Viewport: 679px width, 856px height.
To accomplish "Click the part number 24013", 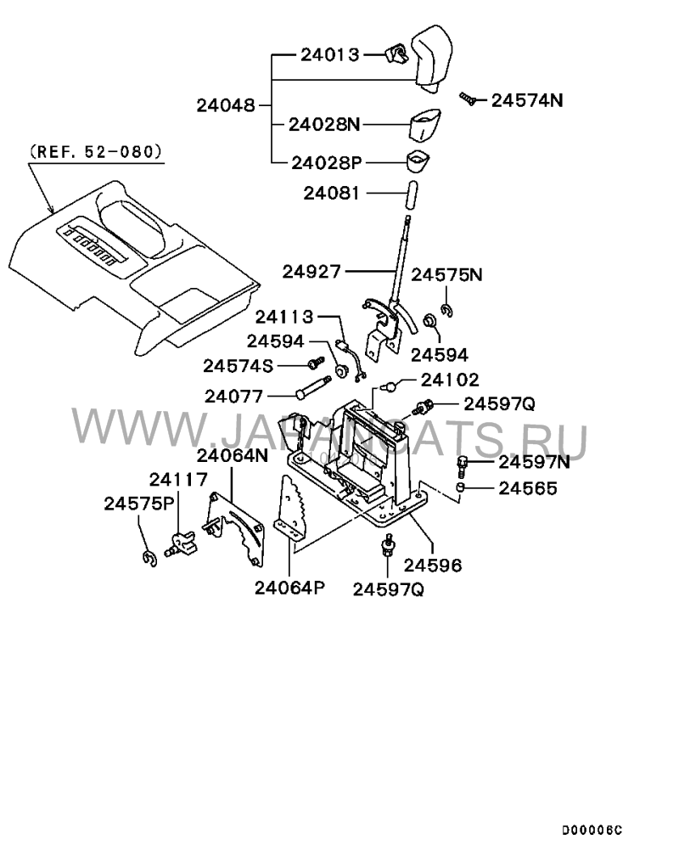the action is [x=330, y=54].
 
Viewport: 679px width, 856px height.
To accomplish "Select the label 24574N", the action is [x=527, y=100].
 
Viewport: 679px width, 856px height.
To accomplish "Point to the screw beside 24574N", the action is [x=469, y=99].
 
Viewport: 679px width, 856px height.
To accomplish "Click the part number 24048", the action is [x=226, y=104].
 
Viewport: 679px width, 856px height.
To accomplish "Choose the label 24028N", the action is [x=324, y=125].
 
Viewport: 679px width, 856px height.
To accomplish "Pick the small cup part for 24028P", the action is [x=418, y=160].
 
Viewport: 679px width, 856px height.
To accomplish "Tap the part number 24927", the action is [x=311, y=272].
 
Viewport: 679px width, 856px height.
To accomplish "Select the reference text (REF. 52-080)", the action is [x=96, y=151].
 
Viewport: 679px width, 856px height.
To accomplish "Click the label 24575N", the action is [x=446, y=274].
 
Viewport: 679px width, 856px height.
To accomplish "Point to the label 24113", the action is [x=285, y=317].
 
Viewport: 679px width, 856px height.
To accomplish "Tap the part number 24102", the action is [x=450, y=380].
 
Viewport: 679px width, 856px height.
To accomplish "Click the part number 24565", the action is [x=528, y=488].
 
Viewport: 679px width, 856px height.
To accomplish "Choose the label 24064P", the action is [x=289, y=588].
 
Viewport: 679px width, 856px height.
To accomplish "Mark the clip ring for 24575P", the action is [x=149, y=559].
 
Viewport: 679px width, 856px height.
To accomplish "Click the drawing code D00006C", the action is [x=592, y=831].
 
